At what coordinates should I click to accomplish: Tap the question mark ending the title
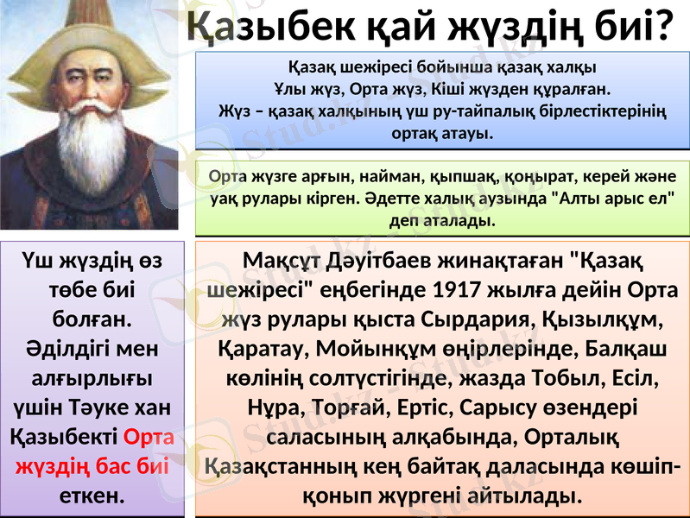[x=662, y=27]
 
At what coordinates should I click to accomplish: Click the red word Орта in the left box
[x=150, y=438]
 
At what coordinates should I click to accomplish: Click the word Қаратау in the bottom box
[x=251, y=349]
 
